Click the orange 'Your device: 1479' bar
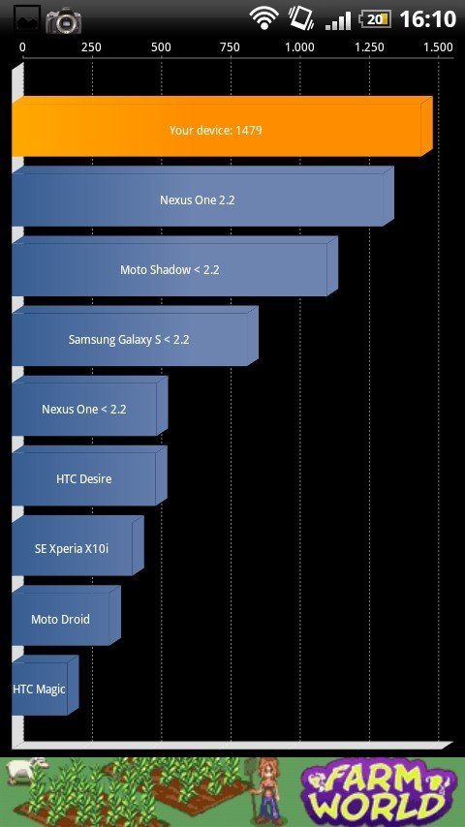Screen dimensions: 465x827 click(x=222, y=127)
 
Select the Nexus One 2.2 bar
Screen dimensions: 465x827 click(x=202, y=197)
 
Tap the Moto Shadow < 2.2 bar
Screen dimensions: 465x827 click(x=174, y=265)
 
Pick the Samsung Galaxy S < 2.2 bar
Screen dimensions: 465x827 click(x=135, y=336)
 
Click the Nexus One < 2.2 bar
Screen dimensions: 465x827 click(x=90, y=406)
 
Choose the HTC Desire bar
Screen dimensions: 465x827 click(x=89, y=475)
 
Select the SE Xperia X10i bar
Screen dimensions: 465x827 click(x=77, y=545)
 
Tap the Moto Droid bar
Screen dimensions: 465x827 click(x=66, y=616)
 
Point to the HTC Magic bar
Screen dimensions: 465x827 click(x=46, y=685)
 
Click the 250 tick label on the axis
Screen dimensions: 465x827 click(x=91, y=47)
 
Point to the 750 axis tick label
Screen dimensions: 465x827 click(x=230, y=47)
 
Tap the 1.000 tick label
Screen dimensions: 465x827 click(x=299, y=47)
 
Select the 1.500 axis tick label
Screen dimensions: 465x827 click(x=438, y=47)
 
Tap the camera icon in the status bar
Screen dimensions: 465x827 click(x=63, y=21)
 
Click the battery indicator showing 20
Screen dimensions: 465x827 click(x=374, y=19)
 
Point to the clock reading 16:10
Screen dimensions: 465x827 click(x=427, y=19)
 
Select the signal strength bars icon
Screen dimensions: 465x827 click(x=338, y=20)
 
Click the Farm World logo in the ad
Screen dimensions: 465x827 click(x=379, y=792)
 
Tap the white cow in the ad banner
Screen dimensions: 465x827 click(x=24, y=771)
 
